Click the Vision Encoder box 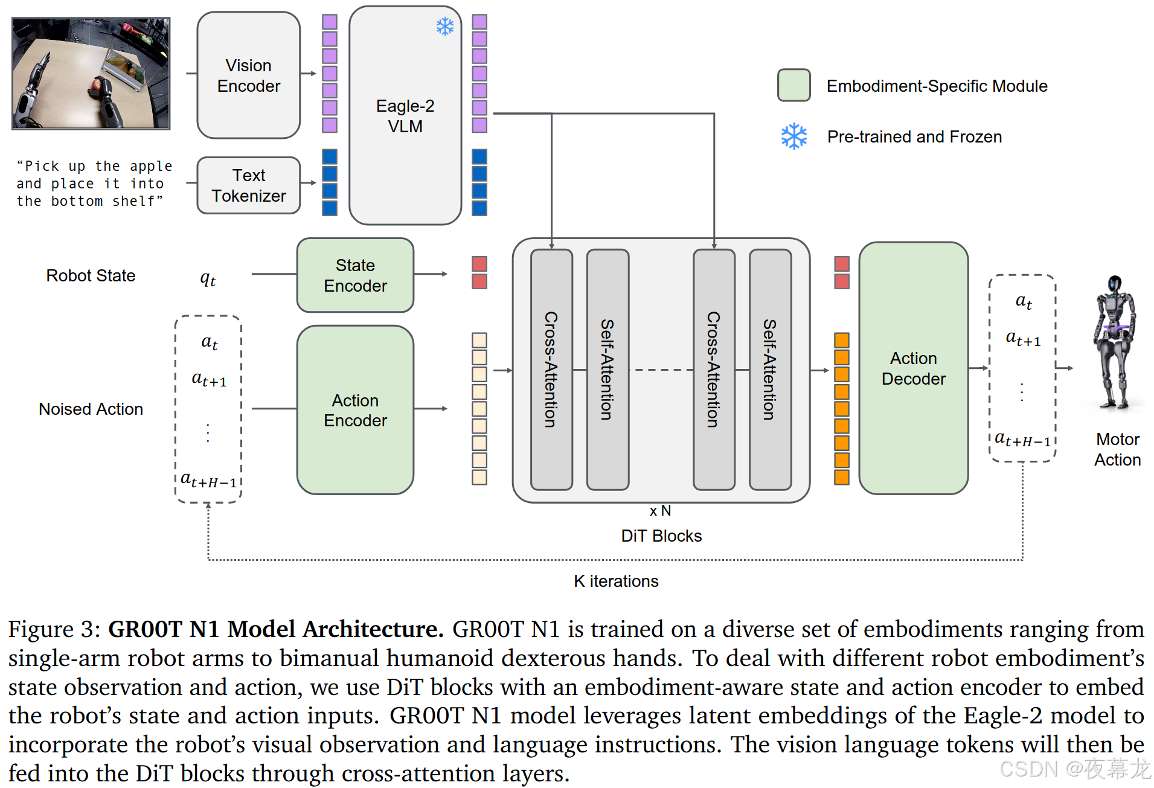tap(248, 75)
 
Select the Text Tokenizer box tap(248, 185)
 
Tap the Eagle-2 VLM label tap(405, 116)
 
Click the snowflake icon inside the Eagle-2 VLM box tap(445, 27)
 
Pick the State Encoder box tap(355, 275)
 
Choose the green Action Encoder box tap(355, 410)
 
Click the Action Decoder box tap(913, 368)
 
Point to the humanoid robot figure tap(1115, 342)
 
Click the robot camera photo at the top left tap(91, 73)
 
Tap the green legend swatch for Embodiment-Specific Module tap(793, 85)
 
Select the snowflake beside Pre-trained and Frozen tap(793, 136)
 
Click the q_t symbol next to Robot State tap(208, 278)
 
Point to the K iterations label tap(616, 581)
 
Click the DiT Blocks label tap(661, 536)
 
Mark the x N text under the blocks tap(660, 511)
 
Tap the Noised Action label tap(91, 409)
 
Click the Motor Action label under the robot tap(1117, 449)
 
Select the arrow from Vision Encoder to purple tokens tap(309, 74)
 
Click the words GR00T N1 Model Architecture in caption tap(275, 629)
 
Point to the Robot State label tap(91, 275)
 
